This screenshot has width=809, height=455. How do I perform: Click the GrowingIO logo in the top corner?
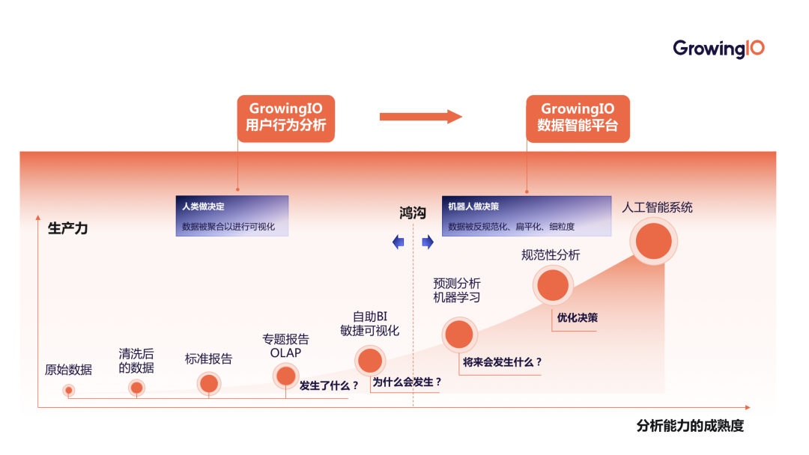coord(718,49)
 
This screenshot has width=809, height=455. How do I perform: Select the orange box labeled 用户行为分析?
coord(285,118)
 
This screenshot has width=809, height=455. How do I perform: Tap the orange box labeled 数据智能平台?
coord(578,118)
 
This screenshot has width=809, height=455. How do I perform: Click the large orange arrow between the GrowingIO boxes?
coord(420,116)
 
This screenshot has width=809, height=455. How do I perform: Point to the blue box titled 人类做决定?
coord(231,216)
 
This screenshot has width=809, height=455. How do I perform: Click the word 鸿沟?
coord(412,213)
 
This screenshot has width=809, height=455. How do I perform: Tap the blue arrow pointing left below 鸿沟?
coord(399,242)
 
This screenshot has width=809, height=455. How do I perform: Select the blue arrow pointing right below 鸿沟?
coord(428,242)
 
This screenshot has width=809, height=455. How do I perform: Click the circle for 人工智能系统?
coord(653,239)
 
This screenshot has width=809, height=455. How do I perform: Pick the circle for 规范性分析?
coord(553,285)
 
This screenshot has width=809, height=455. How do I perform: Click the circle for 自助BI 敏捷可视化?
coord(370,361)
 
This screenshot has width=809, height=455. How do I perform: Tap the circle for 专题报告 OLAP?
coord(285,376)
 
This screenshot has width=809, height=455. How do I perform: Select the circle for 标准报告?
coord(209,383)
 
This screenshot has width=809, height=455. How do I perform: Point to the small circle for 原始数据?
coord(69,390)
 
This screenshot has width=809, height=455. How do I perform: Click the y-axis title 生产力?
coord(67,228)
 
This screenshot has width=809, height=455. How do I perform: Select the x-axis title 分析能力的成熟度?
coord(690,426)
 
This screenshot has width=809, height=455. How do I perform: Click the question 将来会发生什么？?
coord(502,362)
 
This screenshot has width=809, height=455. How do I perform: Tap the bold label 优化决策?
coord(577,317)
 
